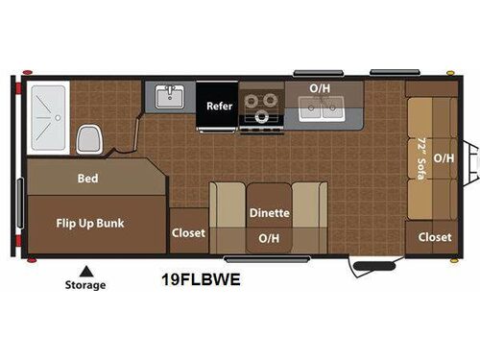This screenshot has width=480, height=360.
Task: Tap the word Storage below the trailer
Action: [85, 285]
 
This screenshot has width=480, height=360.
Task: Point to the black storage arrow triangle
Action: [85, 269]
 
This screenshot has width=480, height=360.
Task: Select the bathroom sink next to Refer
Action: [171, 97]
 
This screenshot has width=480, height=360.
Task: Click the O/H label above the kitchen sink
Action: [320, 88]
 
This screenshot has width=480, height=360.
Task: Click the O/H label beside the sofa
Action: [443, 156]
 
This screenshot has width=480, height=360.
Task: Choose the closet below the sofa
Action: [435, 237]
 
